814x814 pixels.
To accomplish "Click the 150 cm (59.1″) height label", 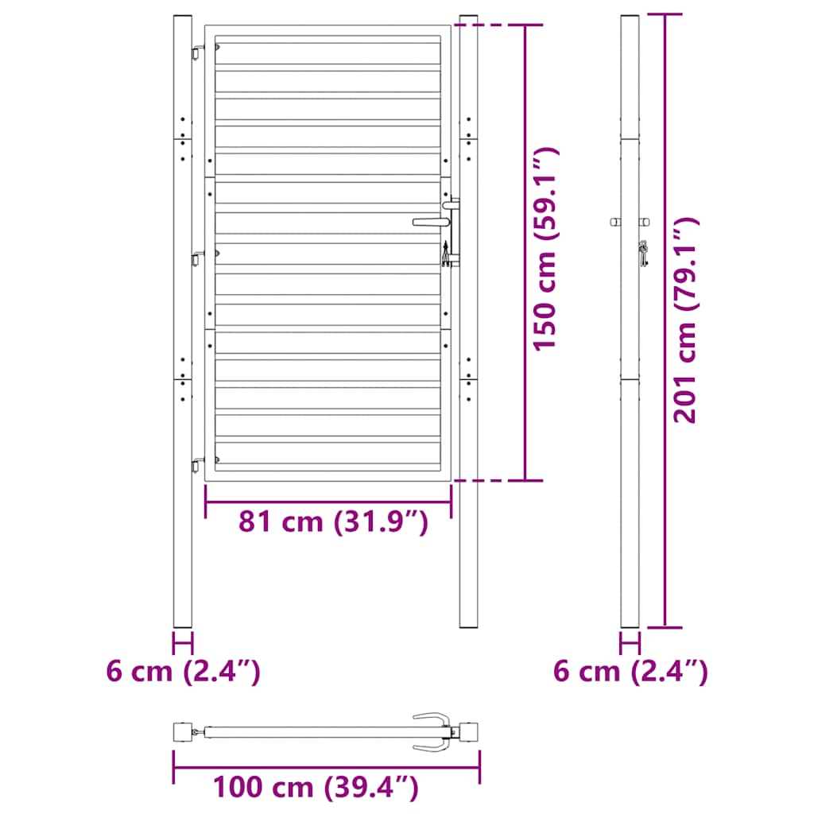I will pos(546,249).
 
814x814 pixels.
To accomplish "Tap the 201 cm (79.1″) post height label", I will pos(685,320).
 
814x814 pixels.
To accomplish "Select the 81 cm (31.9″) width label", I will pos(334,522).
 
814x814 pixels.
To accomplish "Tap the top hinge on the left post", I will pos(196,52).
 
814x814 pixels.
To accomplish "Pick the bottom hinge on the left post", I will pos(196,463).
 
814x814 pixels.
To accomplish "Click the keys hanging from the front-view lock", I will pos(447,253).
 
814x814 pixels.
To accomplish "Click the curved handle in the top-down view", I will pos(433,730).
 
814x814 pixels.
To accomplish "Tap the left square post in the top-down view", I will pos(183,731).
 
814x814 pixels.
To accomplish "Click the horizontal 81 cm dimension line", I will pos(328,502).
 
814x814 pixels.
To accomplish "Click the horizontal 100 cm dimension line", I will pos(326,767).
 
